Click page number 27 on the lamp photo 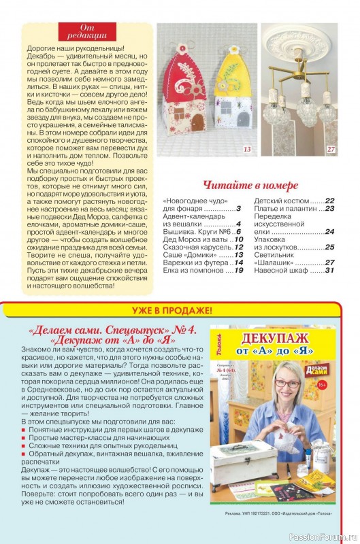tap(331, 149)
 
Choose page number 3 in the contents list tap(240, 209)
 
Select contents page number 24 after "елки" tap(329, 232)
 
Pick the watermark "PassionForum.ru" tap(320, 536)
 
